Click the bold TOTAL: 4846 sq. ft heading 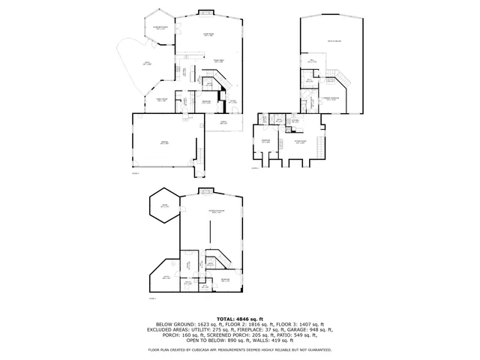(240, 318)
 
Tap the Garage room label (164, 142)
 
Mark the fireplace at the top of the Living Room (205, 11)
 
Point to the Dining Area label (219, 61)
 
